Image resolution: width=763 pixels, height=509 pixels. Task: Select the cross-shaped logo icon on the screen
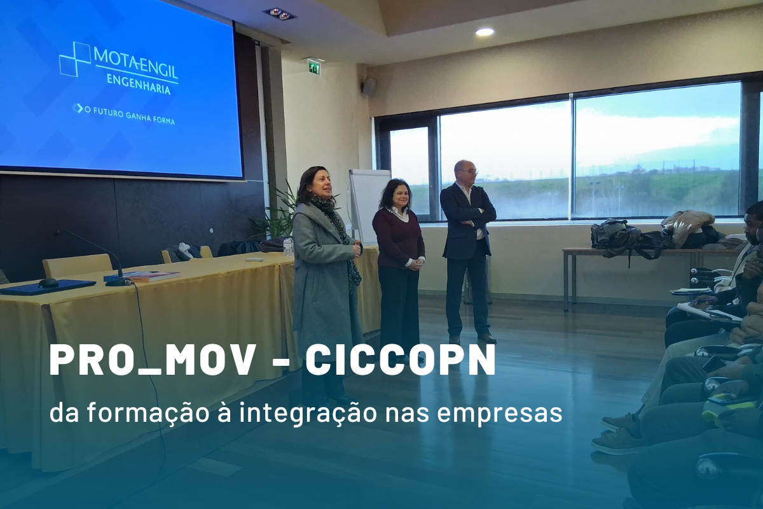click(x=75, y=59)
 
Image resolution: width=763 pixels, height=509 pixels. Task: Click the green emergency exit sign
click(x=314, y=67)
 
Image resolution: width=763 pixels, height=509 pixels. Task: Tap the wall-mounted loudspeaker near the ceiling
click(x=369, y=87)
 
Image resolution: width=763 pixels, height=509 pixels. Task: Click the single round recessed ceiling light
click(x=485, y=31)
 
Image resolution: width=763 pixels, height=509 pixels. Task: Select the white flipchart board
click(x=367, y=204)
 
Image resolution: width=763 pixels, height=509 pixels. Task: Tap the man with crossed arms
click(x=467, y=248)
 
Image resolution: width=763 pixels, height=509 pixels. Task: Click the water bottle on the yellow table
click(x=289, y=247)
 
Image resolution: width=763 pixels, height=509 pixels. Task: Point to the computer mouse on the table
click(x=48, y=282)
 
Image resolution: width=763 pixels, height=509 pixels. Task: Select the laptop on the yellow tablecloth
click(x=48, y=287)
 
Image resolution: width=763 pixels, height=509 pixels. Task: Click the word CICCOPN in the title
click(x=400, y=360)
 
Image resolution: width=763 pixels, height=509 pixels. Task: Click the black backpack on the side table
click(x=614, y=237)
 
